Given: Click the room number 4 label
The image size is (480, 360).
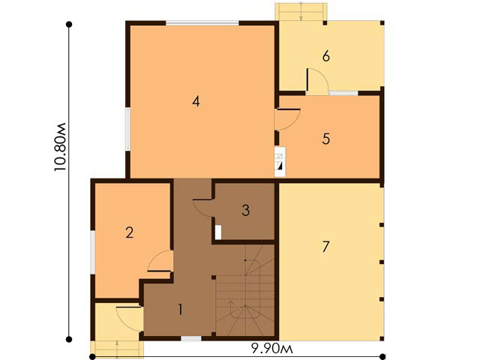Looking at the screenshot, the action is [x=196, y=101].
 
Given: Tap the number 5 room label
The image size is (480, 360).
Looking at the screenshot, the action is [x=326, y=139].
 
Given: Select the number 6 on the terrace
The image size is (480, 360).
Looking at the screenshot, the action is [x=326, y=56].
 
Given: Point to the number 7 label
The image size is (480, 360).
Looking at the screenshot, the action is [x=325, y=247].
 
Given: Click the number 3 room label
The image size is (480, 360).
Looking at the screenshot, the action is [x=245, y=210].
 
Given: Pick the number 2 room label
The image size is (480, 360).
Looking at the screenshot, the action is [x=130, y=232].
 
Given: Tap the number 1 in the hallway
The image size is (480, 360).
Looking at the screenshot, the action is [x=181, y=310].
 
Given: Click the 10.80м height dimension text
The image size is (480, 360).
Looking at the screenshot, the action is [x=60, y=147].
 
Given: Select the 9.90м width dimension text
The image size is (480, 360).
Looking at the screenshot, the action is [x=271, y=348].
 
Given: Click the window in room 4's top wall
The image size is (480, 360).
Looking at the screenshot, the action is [x=202, y=22].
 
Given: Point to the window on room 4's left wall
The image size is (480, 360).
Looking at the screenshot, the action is [x=128, y=128].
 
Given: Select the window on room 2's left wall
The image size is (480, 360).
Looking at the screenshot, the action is [x=92, y=252].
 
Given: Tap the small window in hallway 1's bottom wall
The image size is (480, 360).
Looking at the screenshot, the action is [x=191, y=338].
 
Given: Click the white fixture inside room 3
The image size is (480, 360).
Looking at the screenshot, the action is [x=218, y=232].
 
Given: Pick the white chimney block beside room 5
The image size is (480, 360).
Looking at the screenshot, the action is [x=280, y=162].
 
